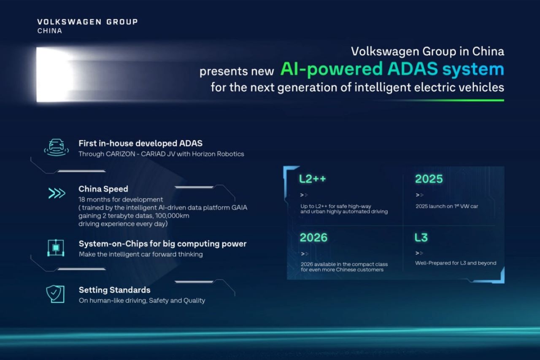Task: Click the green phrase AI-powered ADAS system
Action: pos(392,69)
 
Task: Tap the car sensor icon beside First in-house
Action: pos(57,148)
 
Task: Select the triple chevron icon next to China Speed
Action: pos(57,193)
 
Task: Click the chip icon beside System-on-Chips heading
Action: pos(56,247)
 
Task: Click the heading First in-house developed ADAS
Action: pos(140,143)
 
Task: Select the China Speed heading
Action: pos(103,189)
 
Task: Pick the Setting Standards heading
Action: pos(114,290)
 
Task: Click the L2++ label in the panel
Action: pos(313,179)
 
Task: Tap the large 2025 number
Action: pos(429,179)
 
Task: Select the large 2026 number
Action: pos(313,237)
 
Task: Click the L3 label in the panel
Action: pos(421,237)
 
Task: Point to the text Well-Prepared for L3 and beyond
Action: pos(455,263)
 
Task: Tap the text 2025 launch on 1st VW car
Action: pos(446,206)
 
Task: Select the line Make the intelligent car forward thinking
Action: pos(140,254)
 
